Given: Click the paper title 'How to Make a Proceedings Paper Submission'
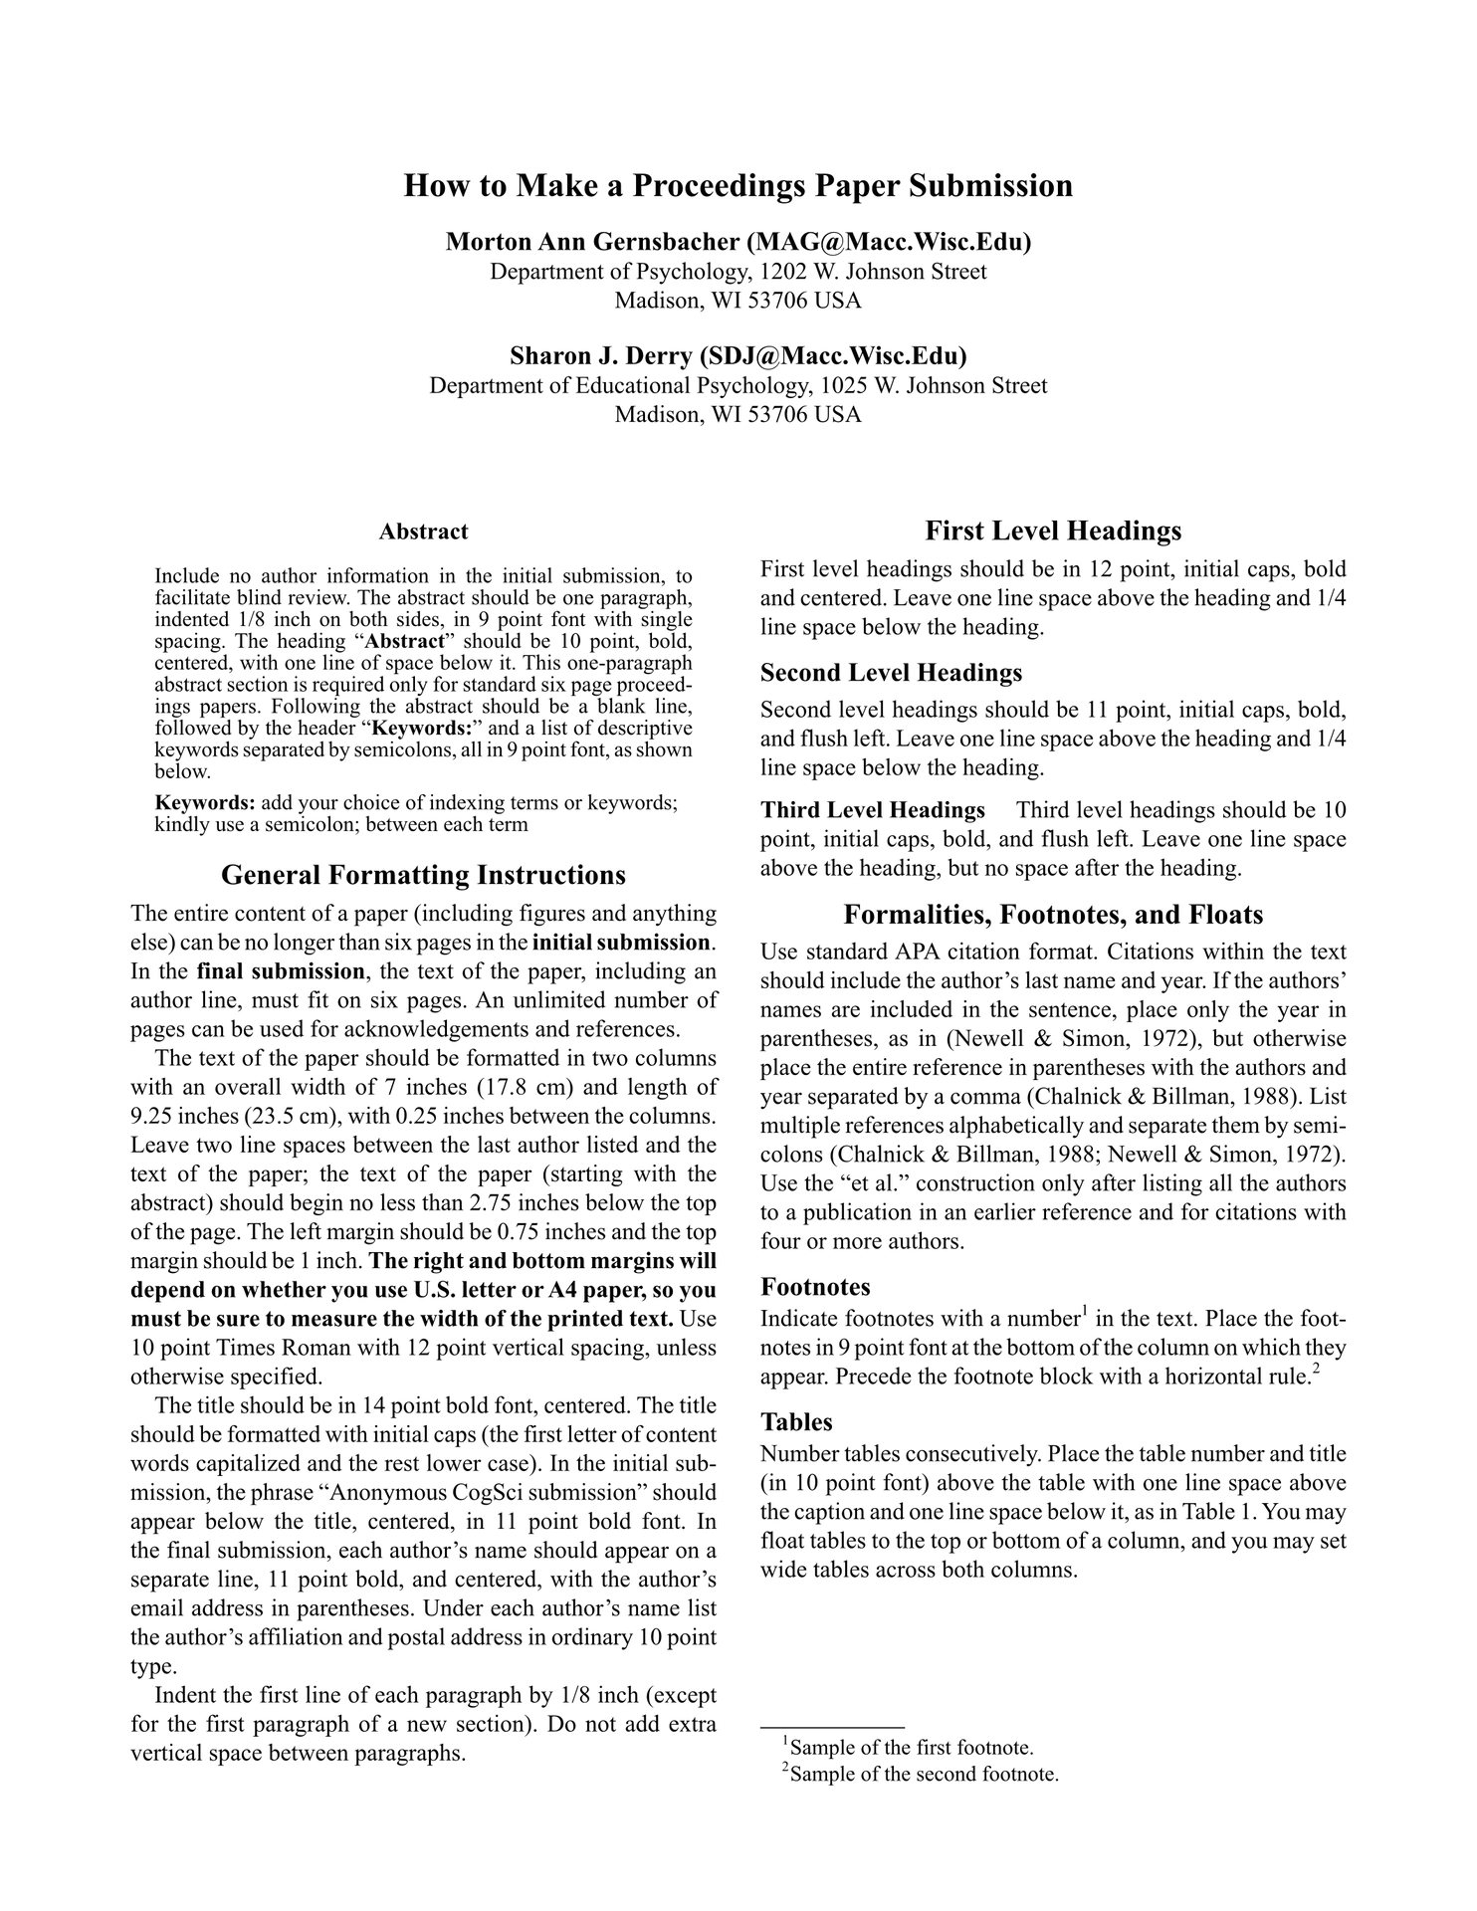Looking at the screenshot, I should pos(738,186).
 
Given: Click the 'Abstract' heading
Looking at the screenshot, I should pos(423,531).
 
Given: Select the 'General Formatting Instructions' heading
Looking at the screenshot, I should pos(423,875).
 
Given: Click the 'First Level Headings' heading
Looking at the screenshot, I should pos(1053,531).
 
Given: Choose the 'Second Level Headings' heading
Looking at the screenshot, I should pos(891,673).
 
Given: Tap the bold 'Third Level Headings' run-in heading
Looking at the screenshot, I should pos(873,810).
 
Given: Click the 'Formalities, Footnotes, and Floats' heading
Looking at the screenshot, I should pos(1053,915).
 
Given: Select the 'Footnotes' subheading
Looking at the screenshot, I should pos(815,1287).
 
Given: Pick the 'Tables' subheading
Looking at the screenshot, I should pos(796,1421).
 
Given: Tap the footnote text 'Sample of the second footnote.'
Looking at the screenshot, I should pos(923,1774).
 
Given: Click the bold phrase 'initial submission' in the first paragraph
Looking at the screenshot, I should pos(623,942).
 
